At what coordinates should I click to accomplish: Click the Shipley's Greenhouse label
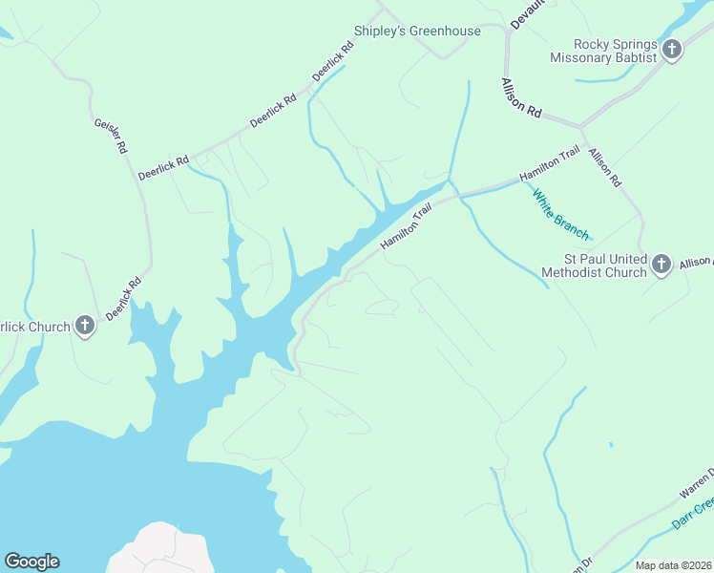pos(417,32)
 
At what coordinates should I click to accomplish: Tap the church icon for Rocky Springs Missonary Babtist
pos(671,50)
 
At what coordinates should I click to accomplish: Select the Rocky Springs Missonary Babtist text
pos(603,51)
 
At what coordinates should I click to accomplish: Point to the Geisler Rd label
pos(110,136)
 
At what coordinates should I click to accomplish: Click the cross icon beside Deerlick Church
pos(85,327)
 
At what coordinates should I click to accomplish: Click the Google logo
pos(31,562)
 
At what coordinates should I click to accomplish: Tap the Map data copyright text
pos(674,565)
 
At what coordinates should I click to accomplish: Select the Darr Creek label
pos(691,513)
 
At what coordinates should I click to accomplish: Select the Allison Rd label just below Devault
pos(521,98)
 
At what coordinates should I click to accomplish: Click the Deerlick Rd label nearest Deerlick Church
pos(124,298)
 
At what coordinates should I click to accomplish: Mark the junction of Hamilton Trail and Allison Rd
pos(581,126)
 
